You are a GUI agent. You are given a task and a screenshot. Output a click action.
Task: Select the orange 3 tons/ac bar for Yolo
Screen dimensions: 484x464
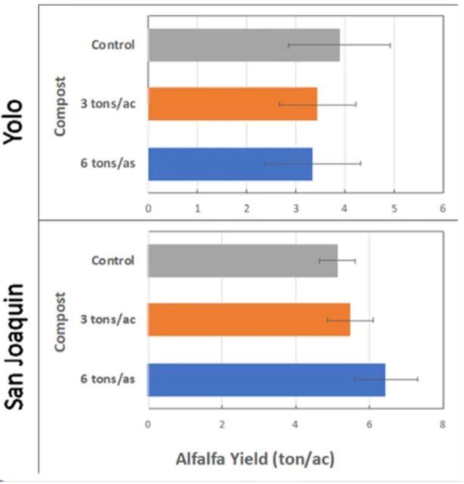(x=232, y=104)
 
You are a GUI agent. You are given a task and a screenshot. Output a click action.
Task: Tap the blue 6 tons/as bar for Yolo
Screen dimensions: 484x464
(x=230, y=163)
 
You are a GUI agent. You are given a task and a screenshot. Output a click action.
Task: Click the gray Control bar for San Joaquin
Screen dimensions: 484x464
(x=243, y=261)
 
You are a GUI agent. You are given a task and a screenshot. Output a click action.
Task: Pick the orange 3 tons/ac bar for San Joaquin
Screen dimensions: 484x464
(x=249, y=320)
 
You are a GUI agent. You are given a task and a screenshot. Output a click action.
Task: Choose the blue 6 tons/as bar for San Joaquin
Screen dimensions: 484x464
(x=266, y=380)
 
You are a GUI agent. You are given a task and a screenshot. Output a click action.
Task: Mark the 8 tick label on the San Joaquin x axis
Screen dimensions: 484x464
(x=443, y=423)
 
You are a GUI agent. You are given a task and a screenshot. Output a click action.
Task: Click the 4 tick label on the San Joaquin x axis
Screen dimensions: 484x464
(x=295, y=423)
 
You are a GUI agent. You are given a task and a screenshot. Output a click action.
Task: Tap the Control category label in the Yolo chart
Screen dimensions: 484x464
(x=113, y=45)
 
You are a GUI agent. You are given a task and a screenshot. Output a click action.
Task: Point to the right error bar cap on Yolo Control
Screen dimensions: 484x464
(x=390, y=45)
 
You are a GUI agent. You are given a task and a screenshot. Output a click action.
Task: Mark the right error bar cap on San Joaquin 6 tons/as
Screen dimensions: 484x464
(x=418, y=379)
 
